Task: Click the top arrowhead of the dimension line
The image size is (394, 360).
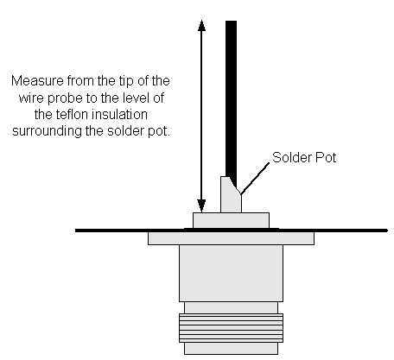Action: click(201, 25)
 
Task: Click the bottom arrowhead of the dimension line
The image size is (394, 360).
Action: click(201, 206)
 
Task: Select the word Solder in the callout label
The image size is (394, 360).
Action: click(291, 157)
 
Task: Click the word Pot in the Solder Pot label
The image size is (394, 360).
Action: click(326, 157)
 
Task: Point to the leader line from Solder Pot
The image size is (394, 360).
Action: click(255, 179)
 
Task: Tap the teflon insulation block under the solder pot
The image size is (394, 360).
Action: click(231, 220)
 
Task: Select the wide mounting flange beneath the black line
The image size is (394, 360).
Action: click(231, 238)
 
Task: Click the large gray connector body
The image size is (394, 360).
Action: click(231, 273)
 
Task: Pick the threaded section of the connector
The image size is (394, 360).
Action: click(231, 328)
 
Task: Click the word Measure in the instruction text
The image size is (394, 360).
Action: click(37, 81)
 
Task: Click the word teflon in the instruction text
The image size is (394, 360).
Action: click(68, 115)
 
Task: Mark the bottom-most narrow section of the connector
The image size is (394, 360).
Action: click(231, 348)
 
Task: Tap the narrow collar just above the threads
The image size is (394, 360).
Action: click(231, 307)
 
